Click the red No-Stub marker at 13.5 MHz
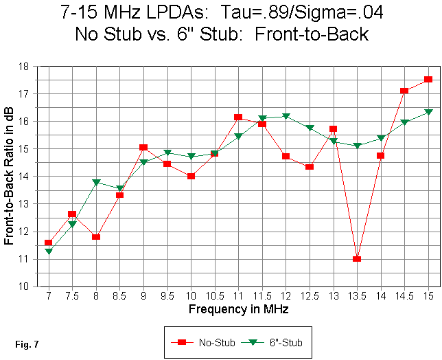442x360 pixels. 357,259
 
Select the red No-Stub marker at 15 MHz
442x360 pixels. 428,80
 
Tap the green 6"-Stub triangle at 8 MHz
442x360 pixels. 96,183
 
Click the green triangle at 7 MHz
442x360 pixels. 49,251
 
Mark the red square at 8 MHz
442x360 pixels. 96,237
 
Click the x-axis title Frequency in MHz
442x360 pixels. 238,309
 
